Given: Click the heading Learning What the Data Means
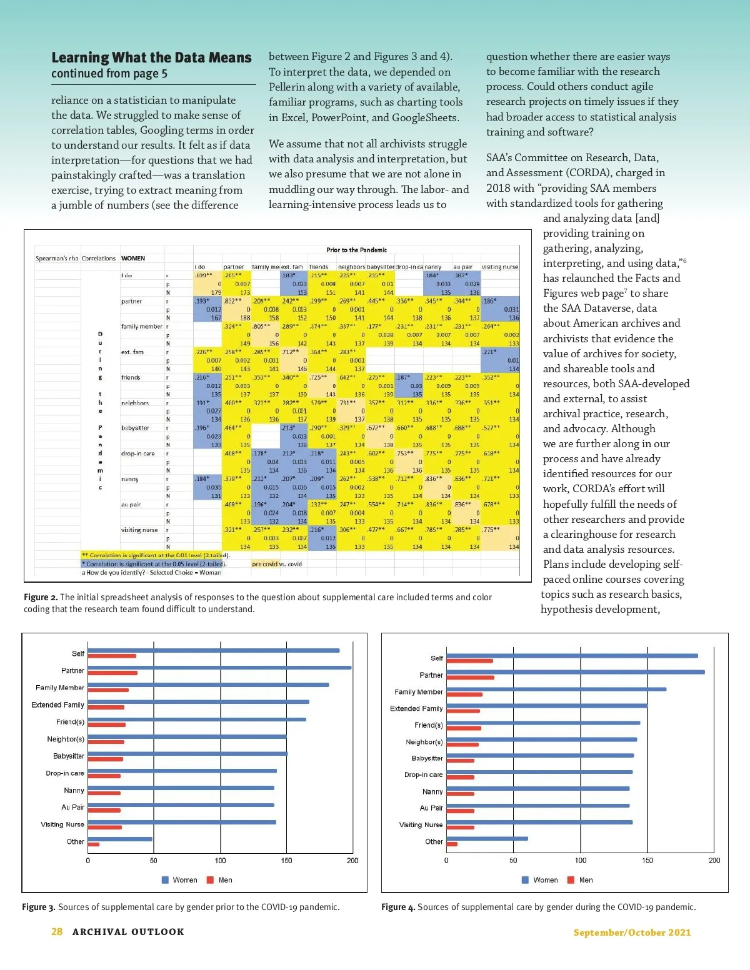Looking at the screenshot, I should tap(151, 58).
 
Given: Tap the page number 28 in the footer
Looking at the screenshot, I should tap(57, 931).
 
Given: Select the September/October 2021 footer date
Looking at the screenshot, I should tap(632, 933).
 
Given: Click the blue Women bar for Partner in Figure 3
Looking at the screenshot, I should tap(219, 668).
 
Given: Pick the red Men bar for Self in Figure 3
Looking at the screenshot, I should tap(112, 656).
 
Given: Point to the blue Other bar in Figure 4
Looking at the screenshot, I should tap(487, 838).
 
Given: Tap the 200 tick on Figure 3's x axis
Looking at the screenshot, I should tap(352, 861).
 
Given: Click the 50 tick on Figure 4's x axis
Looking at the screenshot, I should tap(513, 861).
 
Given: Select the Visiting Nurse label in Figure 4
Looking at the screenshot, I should tap(421, 825).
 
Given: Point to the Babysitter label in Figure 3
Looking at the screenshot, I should tap(69, 756).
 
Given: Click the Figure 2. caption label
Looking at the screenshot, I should tap(41, 598).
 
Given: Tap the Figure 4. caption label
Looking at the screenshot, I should tap(398, 907).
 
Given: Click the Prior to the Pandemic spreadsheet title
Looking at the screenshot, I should tap(356, 250).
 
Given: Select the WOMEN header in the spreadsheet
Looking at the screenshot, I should tap(133, 258).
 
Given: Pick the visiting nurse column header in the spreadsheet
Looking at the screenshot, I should tap(500, 267).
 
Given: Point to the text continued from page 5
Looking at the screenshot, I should tap(109, 74).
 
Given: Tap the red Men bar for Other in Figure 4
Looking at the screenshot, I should tap(452, 844).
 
